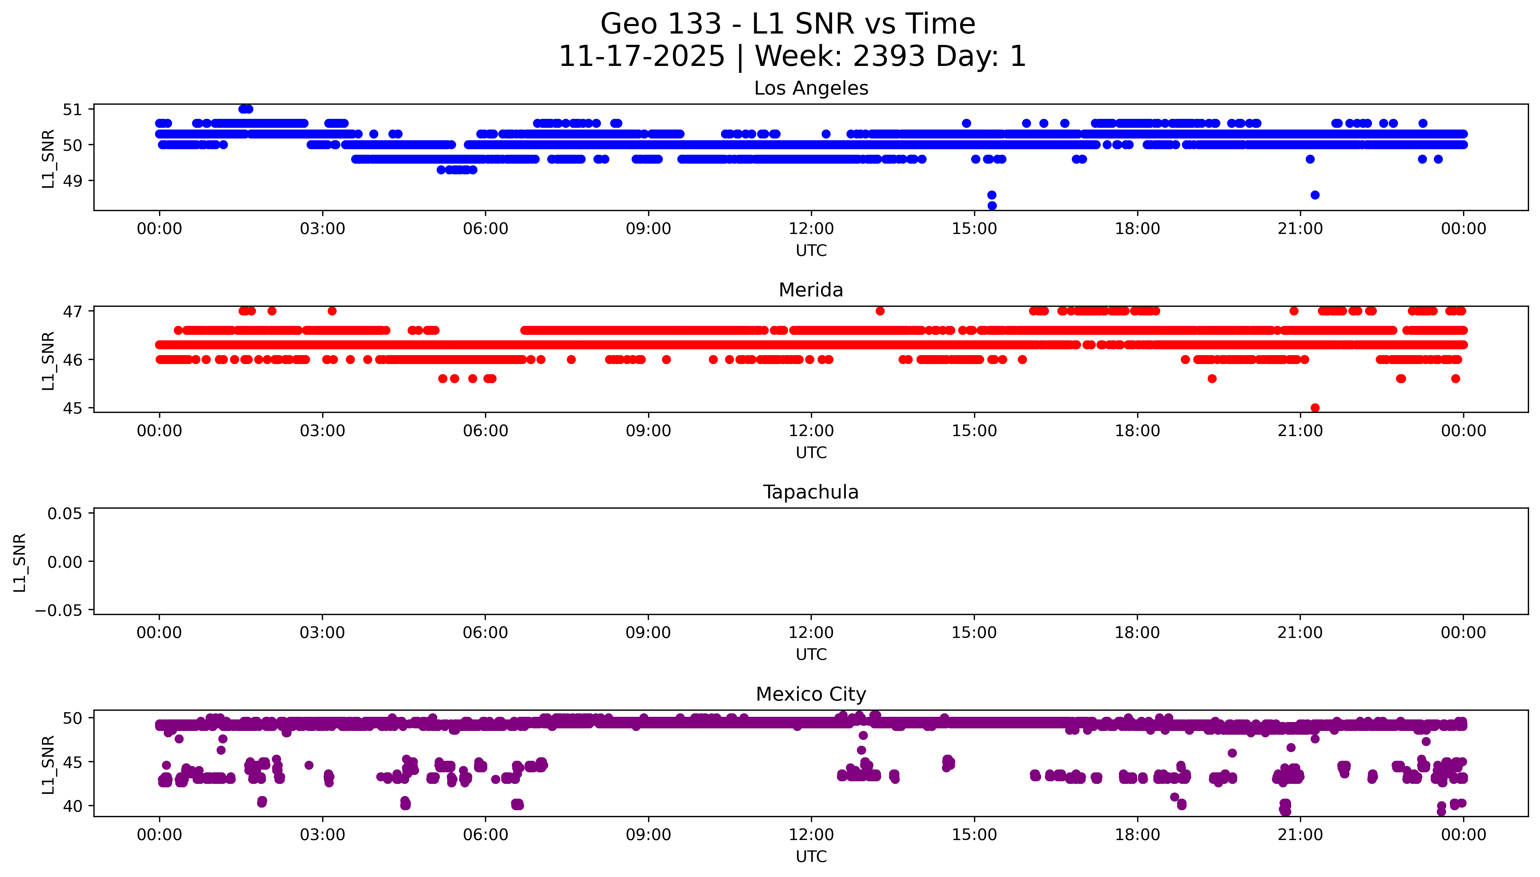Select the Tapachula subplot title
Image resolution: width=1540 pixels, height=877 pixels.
click(811, 492)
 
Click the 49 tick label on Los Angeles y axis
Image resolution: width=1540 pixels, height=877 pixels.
click(72, 181)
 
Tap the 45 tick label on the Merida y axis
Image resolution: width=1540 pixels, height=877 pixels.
click(72, 408)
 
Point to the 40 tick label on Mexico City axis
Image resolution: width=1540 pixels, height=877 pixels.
click(72, 806)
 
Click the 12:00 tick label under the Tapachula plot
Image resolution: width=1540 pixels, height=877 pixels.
click(811, 632)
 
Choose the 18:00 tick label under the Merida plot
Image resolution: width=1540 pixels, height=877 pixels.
click(1137, 431)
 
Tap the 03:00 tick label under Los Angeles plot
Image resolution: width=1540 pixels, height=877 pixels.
click(322, 229)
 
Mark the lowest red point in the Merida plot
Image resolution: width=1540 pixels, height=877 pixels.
click(1315, 408)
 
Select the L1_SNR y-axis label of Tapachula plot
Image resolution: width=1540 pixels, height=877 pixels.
click(20, 562)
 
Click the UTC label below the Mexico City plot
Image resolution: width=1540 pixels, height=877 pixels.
click(811, 856)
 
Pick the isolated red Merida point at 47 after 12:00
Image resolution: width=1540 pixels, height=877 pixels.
click(880, 311)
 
